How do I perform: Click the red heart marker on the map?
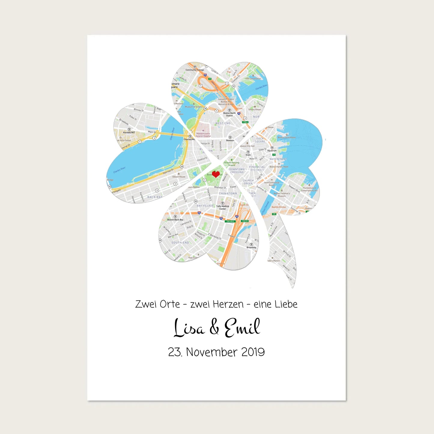coord(216,174)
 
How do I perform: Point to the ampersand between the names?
coord(214,328)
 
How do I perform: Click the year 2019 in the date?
coord(253,352)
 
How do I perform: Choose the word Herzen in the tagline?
coord(228,304)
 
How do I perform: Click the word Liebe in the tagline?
coord(287,304)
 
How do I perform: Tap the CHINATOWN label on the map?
coord(228,194)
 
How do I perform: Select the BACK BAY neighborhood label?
coord(155,197)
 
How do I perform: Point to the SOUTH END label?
coord(180,243)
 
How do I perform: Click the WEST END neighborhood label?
coord(223,123)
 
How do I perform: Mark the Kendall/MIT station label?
coord(129,132)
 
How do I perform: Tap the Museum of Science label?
coord(194,107)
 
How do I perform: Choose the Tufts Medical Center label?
coord(223,207)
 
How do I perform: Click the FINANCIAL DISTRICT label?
coord(257,168)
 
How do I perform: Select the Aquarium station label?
coord(272,151)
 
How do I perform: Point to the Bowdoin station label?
coord(230,140)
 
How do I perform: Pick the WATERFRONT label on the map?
coord(278,159)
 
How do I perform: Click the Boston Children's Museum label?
coord(282,195)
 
